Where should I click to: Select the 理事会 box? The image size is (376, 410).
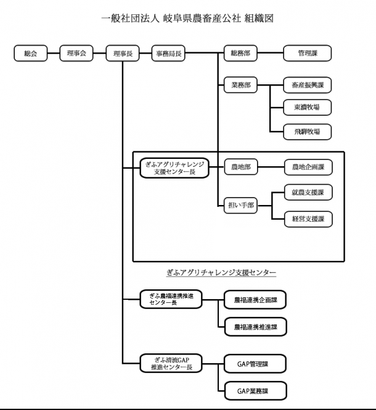pos(76,54)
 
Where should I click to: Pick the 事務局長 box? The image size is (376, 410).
pos(170,54)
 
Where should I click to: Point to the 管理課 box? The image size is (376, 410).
pos(306,54)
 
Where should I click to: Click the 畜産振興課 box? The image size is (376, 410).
pos(306,86)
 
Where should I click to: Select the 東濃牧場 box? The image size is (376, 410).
pos(306,108)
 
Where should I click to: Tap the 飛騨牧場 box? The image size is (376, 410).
pos(306,131)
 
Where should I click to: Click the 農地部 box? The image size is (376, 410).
pos(239,167)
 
